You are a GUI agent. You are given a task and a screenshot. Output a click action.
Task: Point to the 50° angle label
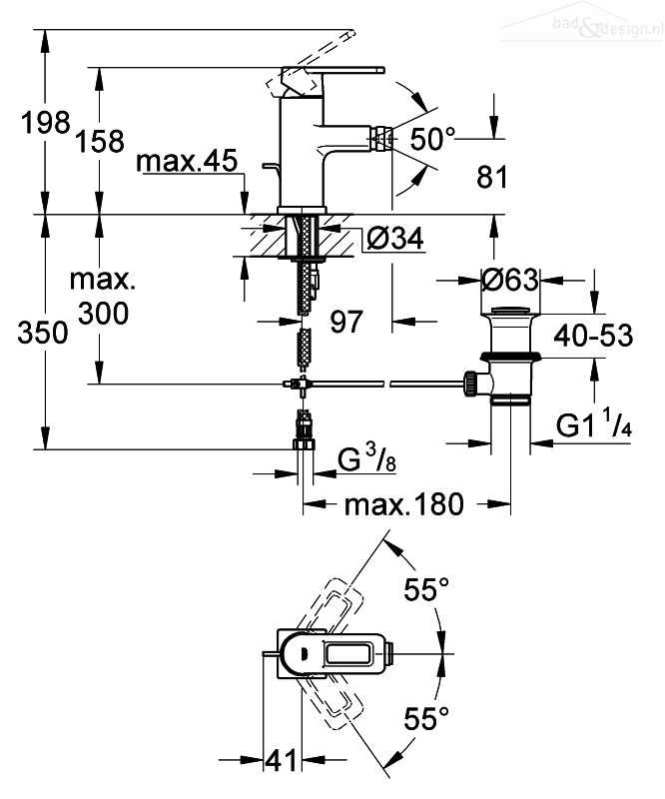click(432, 140)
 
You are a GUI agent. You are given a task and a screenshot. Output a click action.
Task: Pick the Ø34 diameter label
click(391, 239)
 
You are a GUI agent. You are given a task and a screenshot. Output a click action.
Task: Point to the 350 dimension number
click(40, 334)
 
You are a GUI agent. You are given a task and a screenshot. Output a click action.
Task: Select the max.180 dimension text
click(404, 505)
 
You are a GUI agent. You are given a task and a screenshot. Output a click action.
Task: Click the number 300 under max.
click(101, 314)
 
